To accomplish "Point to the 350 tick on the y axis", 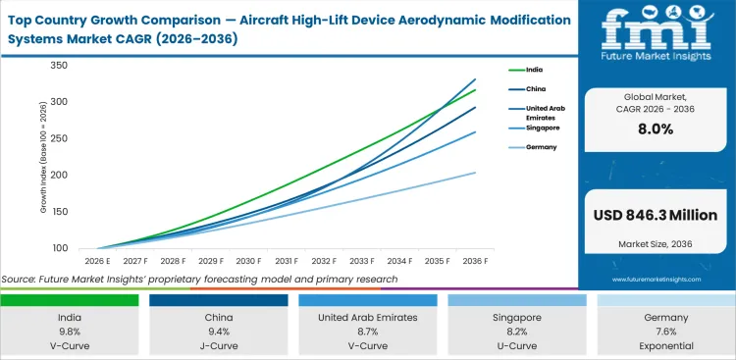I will (x=59, y=66).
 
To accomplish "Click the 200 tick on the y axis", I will (x=59, y=175).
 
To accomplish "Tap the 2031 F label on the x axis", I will (x=286, y=261).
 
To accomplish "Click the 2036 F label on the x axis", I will (x=476, y=261).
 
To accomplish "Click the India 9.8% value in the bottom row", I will (x=70, y=332).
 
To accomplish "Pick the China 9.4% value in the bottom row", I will (x=219, y=332).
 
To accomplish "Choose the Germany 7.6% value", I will (x=666, y=332).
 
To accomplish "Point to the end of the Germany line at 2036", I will (x=476, y=173).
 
